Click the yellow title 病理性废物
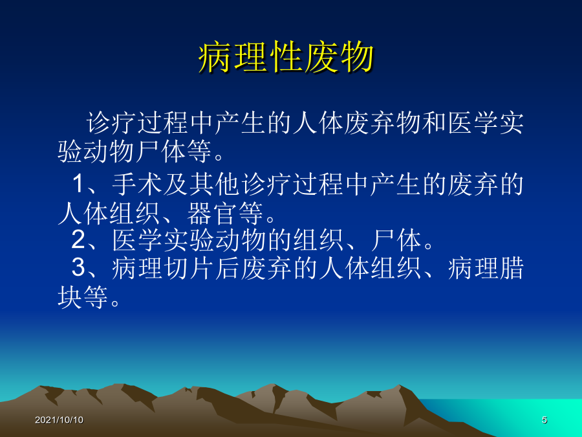click(x=286, y=58)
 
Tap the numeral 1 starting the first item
click(x=79, y=184)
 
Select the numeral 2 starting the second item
click(x=79, y=240)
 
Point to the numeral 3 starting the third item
click(x=79, y=267)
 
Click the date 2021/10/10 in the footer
click(x=59, y=420)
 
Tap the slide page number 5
click(x=544, y=420)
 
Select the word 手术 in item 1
click(x=137, y=185)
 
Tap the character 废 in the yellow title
click(x=321, y=58)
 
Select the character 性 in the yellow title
click(x=286, y=58)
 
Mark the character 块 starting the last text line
click(x=70, y=297)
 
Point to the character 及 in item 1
click(x=175, y=185)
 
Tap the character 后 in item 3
click(x=227, y=268)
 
